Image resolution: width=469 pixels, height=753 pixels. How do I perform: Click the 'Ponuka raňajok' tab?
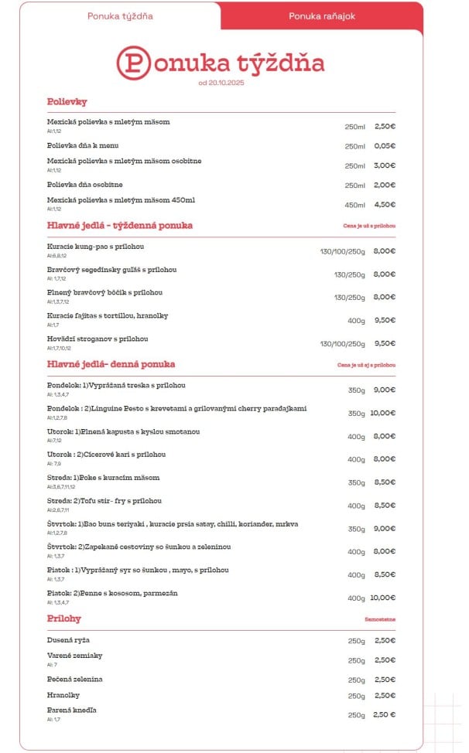322,15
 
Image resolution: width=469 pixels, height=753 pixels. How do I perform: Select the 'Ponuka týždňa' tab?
120,15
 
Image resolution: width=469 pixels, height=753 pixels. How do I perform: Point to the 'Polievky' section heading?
67,101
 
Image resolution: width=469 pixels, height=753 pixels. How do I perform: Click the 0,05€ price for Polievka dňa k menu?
385,146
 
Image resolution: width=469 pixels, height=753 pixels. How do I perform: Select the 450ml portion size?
354,205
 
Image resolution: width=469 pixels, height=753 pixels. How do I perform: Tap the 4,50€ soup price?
385,205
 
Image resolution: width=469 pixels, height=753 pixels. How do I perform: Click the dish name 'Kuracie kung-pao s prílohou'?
95,247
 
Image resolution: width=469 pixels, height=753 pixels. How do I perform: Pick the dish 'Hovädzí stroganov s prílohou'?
97,339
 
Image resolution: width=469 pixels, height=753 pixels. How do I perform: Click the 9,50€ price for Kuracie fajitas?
384,320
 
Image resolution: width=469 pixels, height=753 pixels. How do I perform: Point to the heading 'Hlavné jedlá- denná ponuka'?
111,364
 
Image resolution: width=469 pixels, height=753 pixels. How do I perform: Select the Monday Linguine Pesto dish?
177,407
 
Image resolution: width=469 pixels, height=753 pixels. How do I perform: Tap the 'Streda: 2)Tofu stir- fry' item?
104,500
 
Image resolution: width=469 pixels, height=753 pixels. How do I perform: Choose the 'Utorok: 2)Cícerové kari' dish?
106,454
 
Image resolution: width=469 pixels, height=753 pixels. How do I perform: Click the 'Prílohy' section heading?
64,618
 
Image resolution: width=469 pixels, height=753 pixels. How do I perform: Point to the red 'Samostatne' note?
380,620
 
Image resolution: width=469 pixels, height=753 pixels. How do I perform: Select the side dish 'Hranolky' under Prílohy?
64,694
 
